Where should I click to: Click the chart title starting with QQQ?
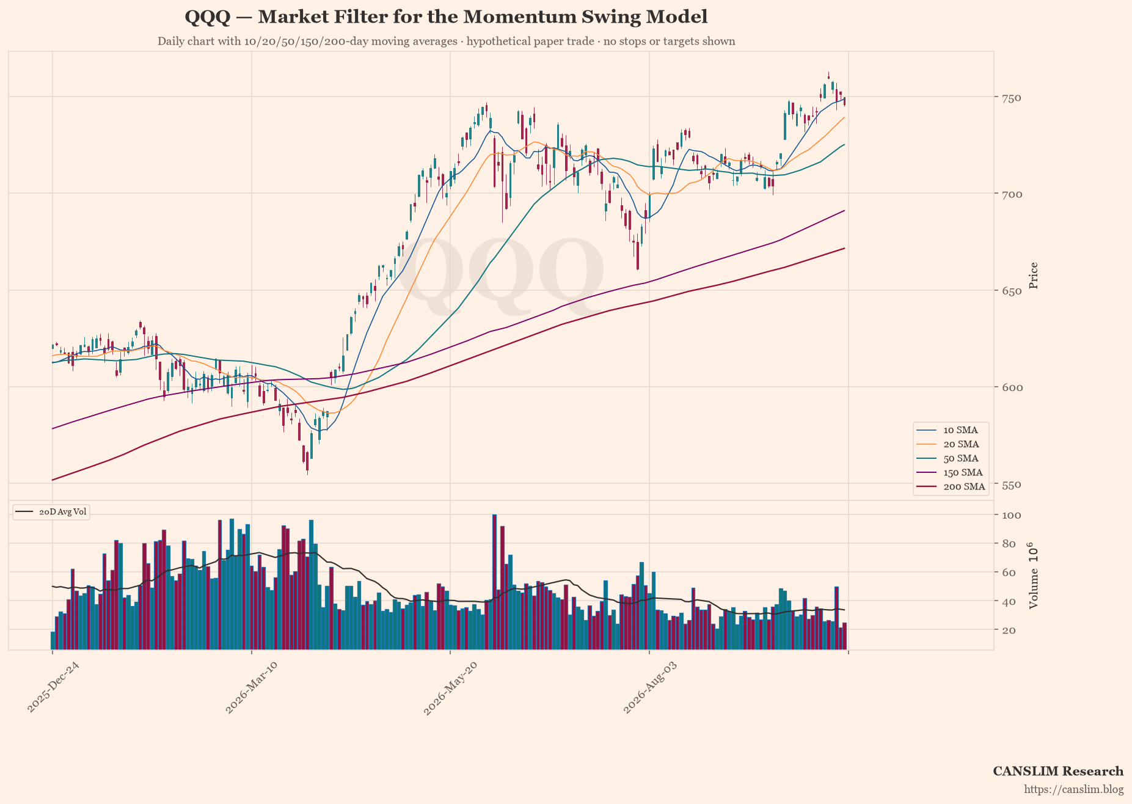click(446, 17)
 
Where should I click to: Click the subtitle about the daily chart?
click(446, 42)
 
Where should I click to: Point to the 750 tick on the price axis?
click(1011, 98)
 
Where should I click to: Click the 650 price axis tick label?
click(1011, 291)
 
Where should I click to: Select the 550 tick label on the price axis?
click(1011, 484)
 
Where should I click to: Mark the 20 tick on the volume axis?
click(1008, 630)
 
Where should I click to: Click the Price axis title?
click(1034, 276)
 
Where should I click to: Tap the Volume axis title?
click(1034, 575)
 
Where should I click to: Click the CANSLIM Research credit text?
click(1058, 771)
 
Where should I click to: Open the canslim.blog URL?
click(1074, 789)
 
